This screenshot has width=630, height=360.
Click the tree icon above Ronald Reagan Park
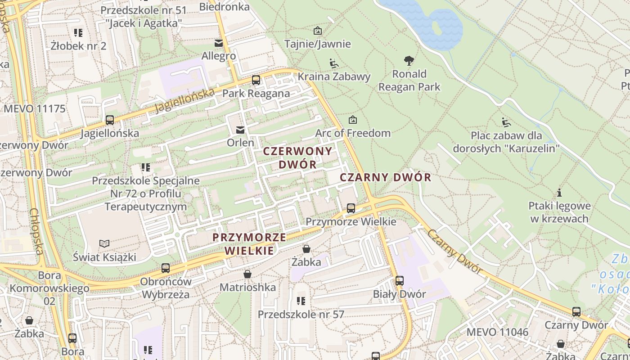click(409, 60)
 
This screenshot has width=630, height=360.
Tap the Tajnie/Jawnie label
click(318, 44)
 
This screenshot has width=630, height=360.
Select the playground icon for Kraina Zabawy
click(333, 63)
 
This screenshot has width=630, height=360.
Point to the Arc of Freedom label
click(353, 133)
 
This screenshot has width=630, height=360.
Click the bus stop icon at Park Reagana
click(256, 80)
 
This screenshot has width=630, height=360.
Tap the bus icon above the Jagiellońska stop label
click(109, 120)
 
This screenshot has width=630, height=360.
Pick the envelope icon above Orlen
click(240, 130)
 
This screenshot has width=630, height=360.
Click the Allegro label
click(219, 56)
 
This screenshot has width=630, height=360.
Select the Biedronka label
click(224, 7)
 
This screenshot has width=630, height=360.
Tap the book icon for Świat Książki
click(104, 243)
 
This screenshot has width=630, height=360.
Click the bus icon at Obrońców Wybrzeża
click(166, 268)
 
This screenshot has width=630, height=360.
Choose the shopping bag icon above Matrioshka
click(247, 274)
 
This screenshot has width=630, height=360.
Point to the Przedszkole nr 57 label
click(301, 314)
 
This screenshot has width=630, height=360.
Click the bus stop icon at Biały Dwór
click(399, 281)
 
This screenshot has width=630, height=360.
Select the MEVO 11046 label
click(497, 332)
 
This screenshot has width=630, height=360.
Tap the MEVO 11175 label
click(35, 108)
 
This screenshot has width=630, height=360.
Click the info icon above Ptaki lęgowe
click(559, 193)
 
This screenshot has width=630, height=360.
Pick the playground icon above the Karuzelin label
click(506, 122)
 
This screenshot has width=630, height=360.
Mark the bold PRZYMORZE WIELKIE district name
click(249, 243)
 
